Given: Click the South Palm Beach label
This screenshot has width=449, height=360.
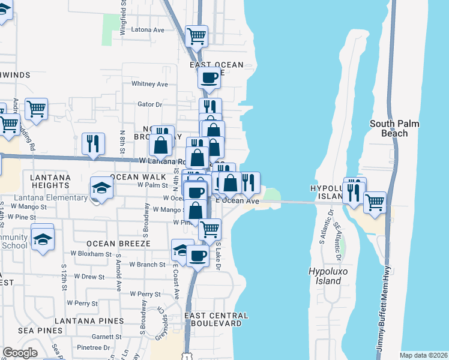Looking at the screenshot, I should coord(394,128).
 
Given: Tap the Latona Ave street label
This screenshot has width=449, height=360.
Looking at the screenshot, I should coord(147,29).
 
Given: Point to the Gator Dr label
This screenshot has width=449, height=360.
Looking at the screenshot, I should coord(150,104).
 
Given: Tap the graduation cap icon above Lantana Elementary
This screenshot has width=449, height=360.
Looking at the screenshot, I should coord(101,188).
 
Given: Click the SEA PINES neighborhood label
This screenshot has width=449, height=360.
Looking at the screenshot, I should coord(40,330).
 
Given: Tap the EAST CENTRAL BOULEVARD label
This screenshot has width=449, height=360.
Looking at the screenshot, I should coord(216,319).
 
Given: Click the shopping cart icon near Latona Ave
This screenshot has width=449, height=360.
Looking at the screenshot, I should coord(196,35).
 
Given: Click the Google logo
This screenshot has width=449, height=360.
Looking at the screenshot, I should coord(20,353).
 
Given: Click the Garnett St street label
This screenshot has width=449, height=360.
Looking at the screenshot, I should coord(90,337).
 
